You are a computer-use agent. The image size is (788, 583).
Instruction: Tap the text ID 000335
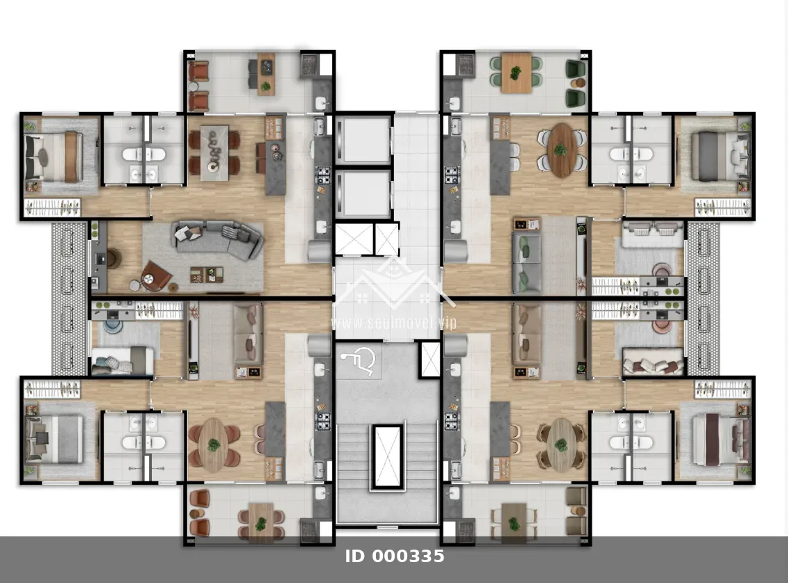pyautogui.click(x=395, y=557)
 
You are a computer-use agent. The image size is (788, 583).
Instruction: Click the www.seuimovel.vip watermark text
pyautogui.click(x=394, y=322)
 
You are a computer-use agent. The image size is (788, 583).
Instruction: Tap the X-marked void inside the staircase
pyautogui.click(x=387, y=456)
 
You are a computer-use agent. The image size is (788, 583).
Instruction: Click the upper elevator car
pyautogui.click(x=363, y=140)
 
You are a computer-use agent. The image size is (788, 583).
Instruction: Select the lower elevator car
pyautogui.click(x=363, y=194)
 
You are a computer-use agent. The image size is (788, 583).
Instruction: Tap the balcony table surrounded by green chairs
pyautogui.click(x=516, y=73)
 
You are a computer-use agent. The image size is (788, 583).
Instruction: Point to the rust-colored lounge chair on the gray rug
pyautogui.click(x=155, y=275)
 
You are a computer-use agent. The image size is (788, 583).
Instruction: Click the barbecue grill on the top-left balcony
pyautogui.click(x=308, y=64)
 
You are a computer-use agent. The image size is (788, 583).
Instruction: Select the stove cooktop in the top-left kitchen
pyautogui.click(x=322, y=175)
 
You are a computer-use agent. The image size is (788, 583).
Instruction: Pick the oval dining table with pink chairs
pyautogui.click(x=214, y=445)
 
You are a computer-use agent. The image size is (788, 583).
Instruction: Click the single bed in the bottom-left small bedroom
pyautogui.click(x=123, y=360)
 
